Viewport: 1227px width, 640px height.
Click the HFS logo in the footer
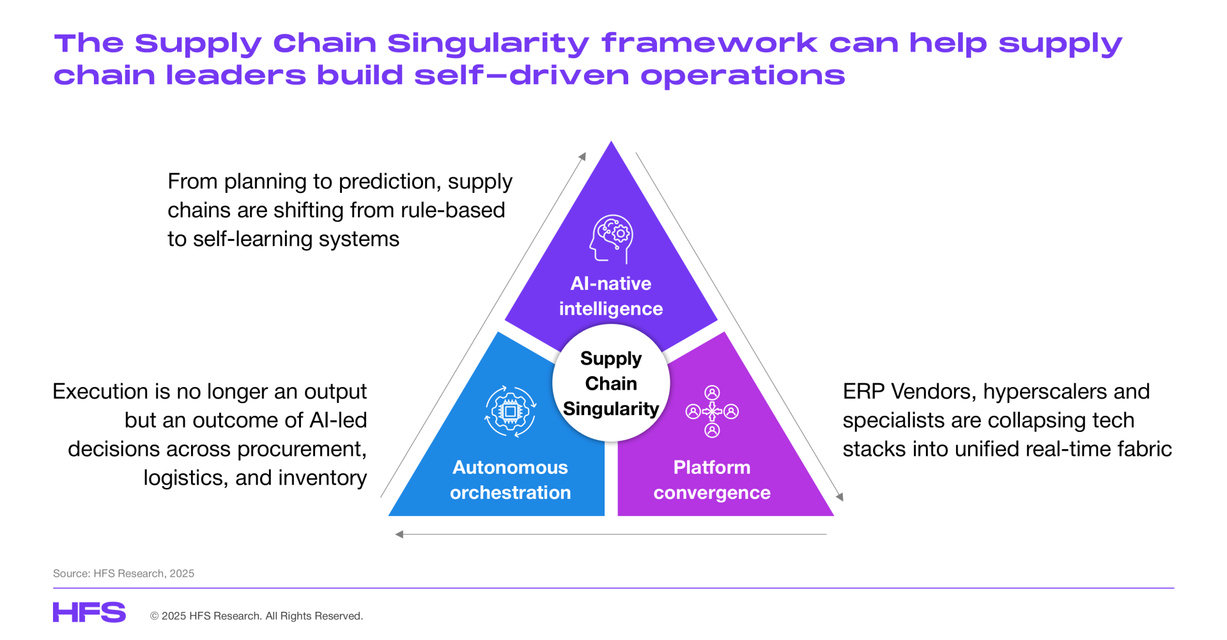point(89,612)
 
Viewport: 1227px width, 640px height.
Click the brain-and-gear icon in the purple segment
point(612,239)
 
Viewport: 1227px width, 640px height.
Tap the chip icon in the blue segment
point(510,411)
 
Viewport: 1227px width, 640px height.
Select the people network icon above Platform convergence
point(712,411)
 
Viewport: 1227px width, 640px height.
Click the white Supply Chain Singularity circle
point(611,383)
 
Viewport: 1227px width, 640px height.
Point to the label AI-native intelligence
point(611,296)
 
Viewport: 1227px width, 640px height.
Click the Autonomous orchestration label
point(510,480)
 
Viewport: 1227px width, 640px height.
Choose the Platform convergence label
point(712,480)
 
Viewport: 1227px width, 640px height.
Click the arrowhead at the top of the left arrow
point(583,156)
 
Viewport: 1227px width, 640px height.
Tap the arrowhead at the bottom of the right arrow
point(840,497)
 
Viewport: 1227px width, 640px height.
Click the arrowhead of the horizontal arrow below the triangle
point(399,534)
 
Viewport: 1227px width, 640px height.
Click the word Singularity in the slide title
point(488,44)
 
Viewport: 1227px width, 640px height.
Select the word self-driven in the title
point(522,75)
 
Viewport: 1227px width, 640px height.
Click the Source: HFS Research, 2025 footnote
point(123,574)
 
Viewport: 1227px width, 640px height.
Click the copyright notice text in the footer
point(256,616)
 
